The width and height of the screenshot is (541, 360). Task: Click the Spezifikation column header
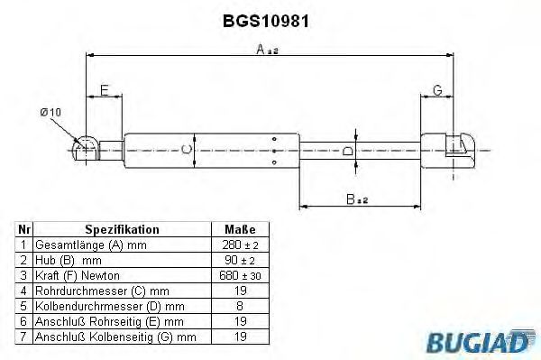point(122,230)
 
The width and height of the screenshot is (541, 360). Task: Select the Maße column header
point(239,230)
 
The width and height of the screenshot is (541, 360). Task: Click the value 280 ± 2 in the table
point(239,245)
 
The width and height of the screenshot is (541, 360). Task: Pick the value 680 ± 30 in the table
point(239,274)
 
